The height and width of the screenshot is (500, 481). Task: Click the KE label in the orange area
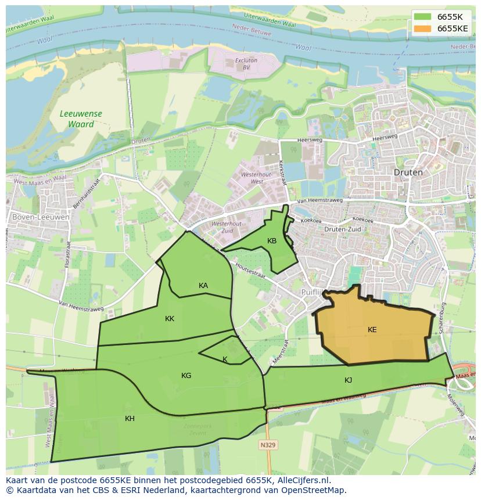point(372,330)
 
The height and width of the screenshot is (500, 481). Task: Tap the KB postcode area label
point(272,241)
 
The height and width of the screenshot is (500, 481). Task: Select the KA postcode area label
point(203,285)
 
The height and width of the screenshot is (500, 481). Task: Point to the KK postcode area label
point(170,319)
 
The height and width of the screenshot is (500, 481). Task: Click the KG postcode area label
point(186,376)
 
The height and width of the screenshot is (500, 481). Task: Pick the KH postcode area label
point(130,418)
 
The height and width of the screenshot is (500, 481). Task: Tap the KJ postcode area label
point(348,380)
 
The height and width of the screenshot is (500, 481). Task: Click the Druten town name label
point(408,172)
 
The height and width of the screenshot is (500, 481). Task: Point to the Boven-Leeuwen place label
point(41,217)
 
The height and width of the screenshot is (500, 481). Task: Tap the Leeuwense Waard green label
point(81,119)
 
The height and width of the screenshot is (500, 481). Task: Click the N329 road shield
point(268,445)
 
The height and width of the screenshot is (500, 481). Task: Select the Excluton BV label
point(246,64)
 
